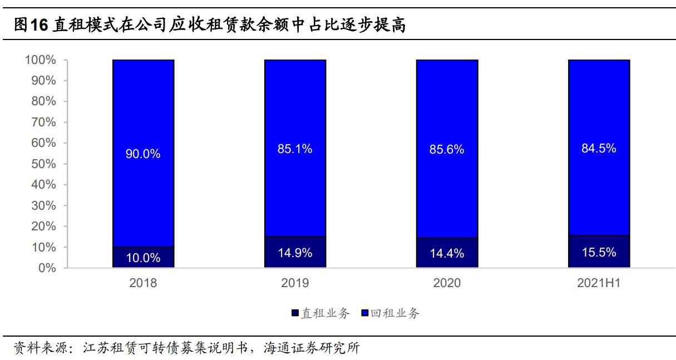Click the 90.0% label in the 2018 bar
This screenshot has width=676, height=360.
point(143,154)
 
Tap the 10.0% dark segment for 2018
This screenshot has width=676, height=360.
point(143,258)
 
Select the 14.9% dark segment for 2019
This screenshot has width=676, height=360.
point(295,253)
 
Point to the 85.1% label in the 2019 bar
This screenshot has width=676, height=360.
point(295,149)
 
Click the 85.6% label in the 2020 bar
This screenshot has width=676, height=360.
point(447,150)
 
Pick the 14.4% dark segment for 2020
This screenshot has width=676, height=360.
point(447,253)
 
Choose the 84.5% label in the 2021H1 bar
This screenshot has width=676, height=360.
point(599,149)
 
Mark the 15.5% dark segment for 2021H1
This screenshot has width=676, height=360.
point(599,252)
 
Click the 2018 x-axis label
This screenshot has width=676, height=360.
point(143,283)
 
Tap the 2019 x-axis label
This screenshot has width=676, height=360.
point(295,283)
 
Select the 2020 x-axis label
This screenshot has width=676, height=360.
point(447,283)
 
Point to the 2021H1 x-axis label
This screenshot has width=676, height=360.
point(599,283)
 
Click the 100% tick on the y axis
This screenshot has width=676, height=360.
point(41,60)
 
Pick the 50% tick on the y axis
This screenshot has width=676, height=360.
point(43,164)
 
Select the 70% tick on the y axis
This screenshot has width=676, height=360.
point(43,122)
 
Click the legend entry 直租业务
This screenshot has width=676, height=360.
point(320,313)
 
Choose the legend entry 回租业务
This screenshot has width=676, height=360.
point(391,313)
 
